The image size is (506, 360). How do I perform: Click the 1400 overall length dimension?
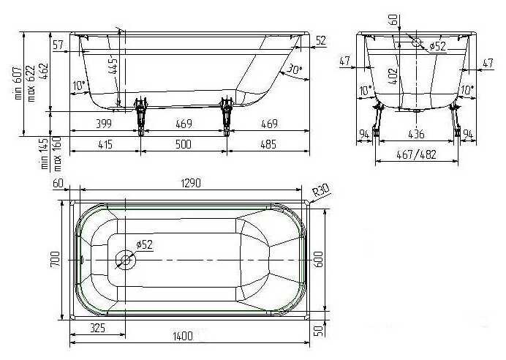(183, 336)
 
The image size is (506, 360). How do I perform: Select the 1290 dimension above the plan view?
(191, 183)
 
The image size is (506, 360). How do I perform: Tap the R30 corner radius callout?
(322, 190)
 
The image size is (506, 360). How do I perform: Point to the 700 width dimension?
(55, 259)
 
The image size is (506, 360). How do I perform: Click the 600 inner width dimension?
(318, 259)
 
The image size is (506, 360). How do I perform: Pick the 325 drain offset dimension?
(97, 328)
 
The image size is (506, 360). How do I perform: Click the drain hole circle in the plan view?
(126, 260)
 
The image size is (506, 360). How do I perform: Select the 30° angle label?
(295, 69)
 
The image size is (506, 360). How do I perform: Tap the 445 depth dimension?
(113, 67)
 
